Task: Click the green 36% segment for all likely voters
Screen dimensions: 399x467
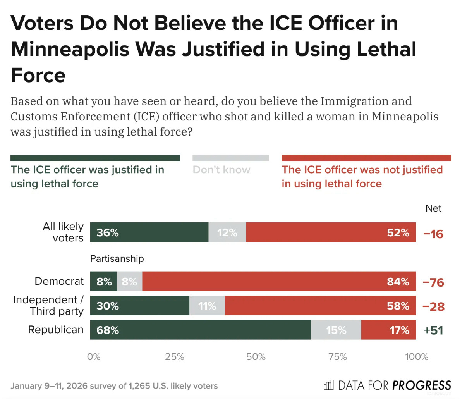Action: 149,232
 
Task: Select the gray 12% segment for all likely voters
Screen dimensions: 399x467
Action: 227,232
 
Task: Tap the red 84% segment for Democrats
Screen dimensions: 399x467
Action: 279,282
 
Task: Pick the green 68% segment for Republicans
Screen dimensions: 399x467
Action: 200,330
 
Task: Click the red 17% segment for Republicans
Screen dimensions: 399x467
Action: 388,330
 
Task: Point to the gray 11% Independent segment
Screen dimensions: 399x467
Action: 207,306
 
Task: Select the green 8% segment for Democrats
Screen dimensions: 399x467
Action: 103,282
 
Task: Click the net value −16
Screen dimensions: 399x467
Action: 433,234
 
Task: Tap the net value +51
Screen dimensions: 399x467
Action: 433,330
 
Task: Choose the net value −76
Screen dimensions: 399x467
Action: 433,282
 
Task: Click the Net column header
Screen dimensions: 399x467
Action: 433,208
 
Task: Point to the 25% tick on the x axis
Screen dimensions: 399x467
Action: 175,357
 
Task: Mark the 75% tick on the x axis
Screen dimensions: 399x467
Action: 337,357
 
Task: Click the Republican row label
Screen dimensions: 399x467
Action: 56,330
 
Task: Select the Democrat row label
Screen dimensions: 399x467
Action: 59,281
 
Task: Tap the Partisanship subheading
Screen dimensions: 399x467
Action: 117,259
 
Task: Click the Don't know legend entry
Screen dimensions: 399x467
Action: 221,170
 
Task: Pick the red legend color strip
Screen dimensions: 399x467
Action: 366,158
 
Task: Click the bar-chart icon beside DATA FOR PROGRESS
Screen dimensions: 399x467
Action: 328,385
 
